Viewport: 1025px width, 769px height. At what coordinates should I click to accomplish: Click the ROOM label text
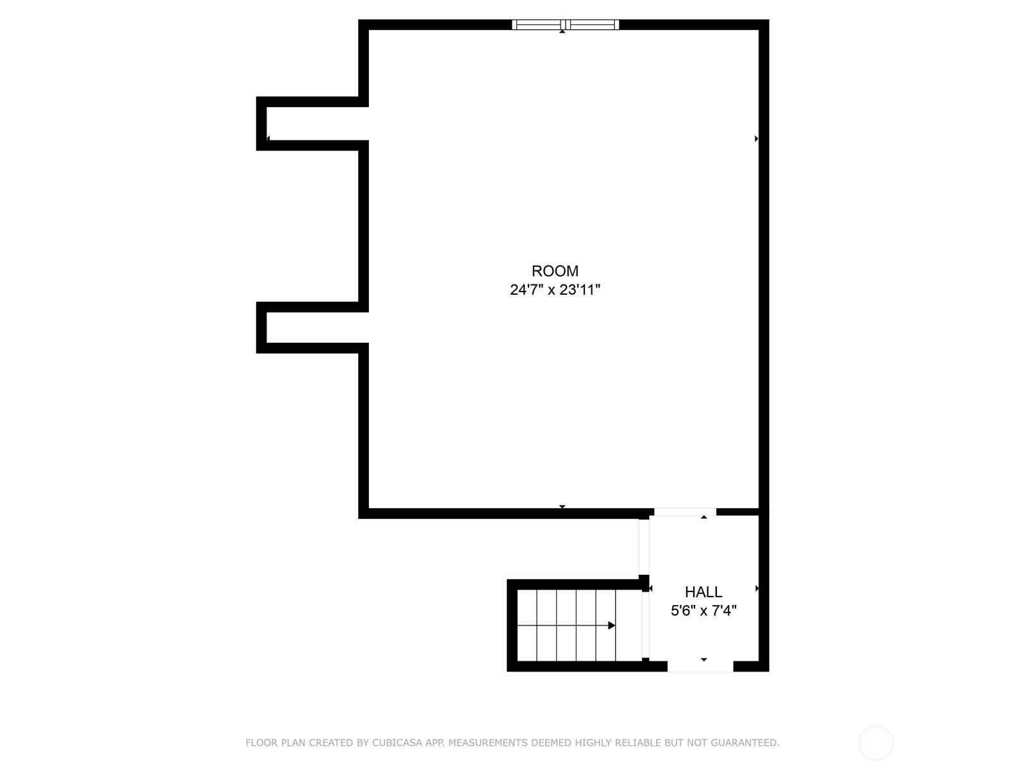tap(555, 271)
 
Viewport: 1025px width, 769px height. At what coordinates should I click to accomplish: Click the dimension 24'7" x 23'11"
tap(555, 290)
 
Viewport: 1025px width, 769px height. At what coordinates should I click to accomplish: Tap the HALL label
tap(703, 592)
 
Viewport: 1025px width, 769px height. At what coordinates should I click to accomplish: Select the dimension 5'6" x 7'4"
tap(703, 611)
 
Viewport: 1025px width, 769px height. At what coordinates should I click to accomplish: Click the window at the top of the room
tap(565, 25)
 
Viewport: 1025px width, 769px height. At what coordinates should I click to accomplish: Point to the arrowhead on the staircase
tap(612, 625)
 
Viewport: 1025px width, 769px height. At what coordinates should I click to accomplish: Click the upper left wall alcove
tap(314, 124)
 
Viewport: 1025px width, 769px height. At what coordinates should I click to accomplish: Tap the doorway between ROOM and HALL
tap(685, 512)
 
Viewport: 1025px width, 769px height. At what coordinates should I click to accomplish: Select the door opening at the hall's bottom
tap(700, 666)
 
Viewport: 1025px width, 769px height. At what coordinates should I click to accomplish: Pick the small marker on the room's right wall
tap(757, 138)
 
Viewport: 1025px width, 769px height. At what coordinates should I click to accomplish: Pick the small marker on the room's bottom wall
tap(562, 507)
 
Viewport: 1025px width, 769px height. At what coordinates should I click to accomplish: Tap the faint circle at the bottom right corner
tap(876, 743)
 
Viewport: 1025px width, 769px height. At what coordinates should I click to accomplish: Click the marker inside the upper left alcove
tap(268, 138)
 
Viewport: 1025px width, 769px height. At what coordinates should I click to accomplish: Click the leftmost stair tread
tap(527, 625)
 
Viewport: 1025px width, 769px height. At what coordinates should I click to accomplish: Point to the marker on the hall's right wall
tap(757, 588)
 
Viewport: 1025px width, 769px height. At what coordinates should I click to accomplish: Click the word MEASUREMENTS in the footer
tap(488, 743)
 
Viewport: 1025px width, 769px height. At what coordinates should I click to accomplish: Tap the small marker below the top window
tap(562, 31)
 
